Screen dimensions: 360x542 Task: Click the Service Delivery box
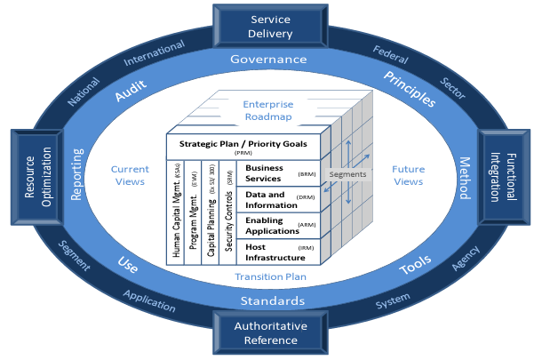[271, 27]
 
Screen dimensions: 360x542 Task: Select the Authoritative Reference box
[271, 333]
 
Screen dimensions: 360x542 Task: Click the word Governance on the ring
[268, 60]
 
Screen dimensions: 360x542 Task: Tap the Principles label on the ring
[410, 90]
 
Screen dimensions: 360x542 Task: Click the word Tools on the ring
[414, 262]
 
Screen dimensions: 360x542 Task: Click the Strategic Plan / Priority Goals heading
[244, 145]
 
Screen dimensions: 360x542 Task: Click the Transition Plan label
[270, 276]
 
